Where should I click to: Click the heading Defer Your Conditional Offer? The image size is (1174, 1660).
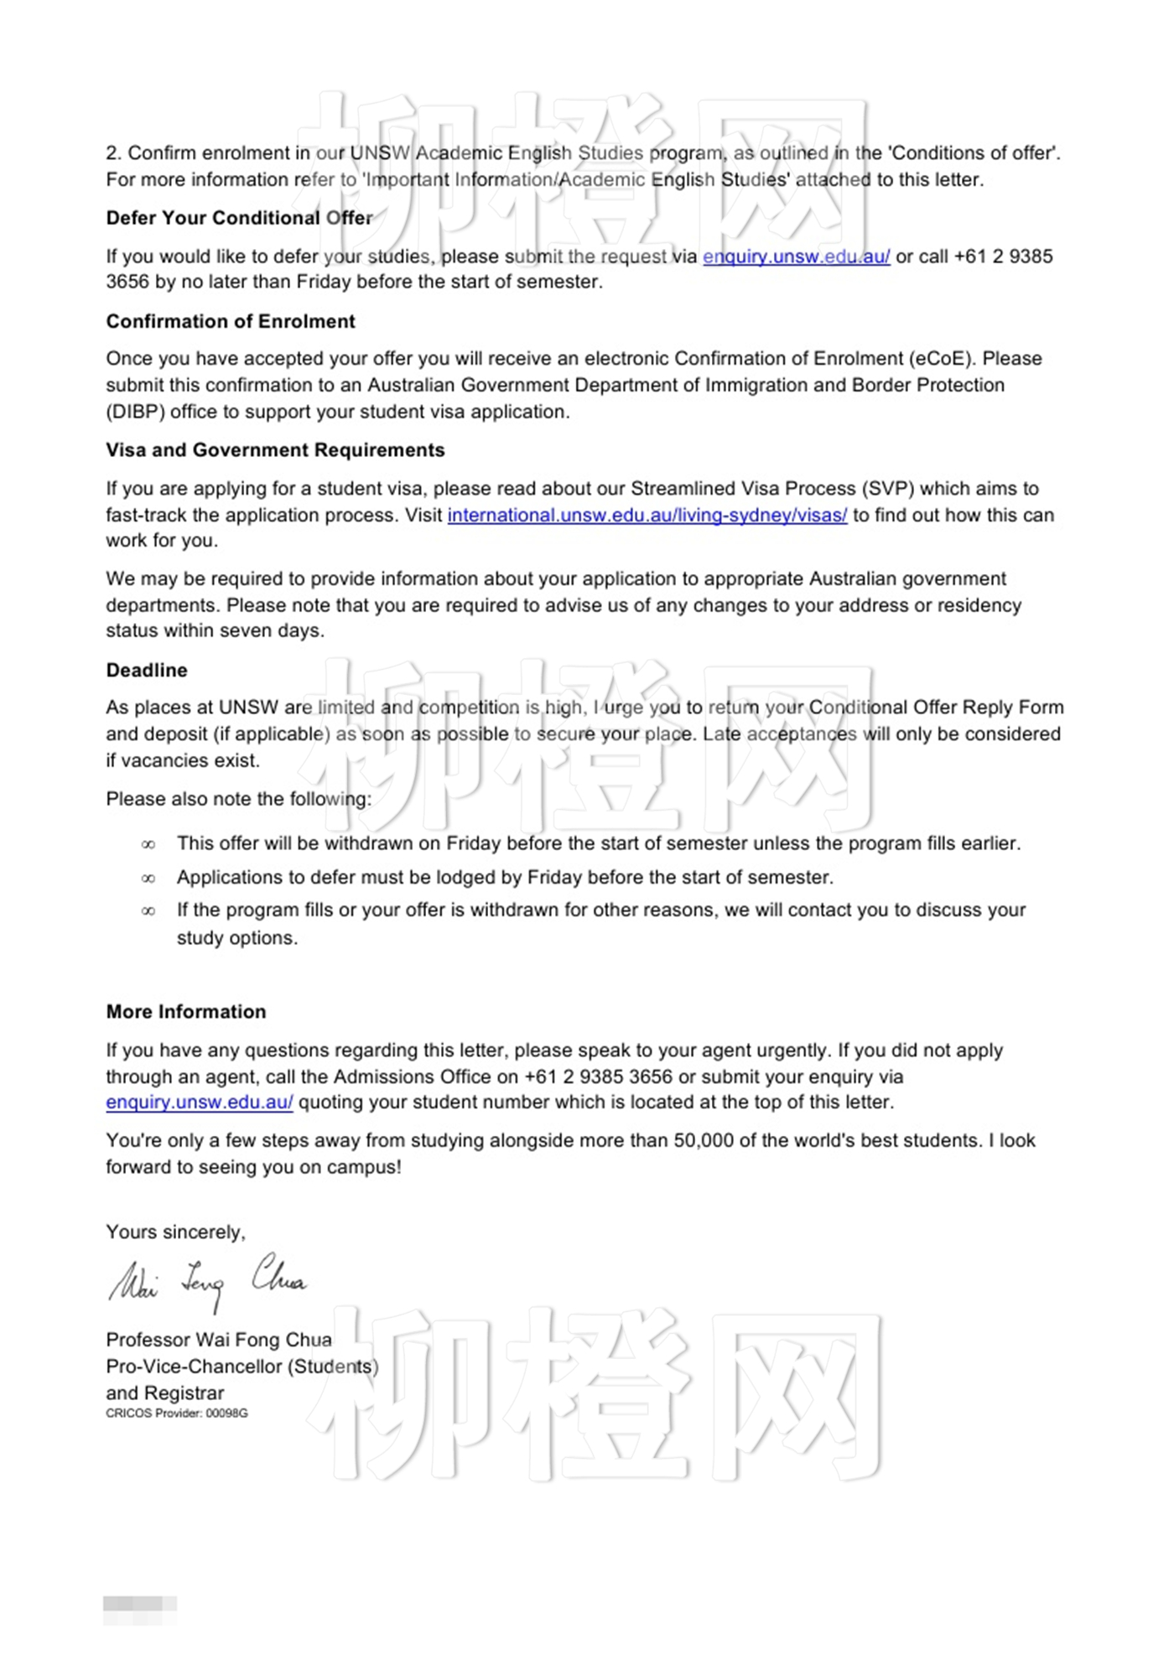pyautogui.click(x=239, y=218)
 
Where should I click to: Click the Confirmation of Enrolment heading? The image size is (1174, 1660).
pyautogui.click(x=231, y=321)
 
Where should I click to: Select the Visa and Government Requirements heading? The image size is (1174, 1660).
pyautogui.click(x=275, y=450)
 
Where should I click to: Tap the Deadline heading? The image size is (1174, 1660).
pyautogui.click(x=147, y=670)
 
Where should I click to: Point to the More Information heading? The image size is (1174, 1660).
pyautogui.click(x=186, y=1012)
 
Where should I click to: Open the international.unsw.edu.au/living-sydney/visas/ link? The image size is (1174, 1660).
pyautogui.click(x=647, y=515)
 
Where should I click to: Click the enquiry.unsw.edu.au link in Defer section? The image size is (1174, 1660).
pyautogui.click(x=796, y=257)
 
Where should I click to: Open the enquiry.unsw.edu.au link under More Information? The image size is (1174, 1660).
pyautogui.click(x=200, y=1102)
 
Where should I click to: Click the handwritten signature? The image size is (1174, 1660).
pyautogui.click(x=207, y=1280)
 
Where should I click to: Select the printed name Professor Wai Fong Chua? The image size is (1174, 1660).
pyautogui.click(x=219, y=1340)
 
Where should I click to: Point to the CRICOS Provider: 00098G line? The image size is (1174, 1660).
pyautogui.click(x=177, y=1414)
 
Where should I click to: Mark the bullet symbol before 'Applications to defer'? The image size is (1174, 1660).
pyautogui.click(x=148, y=879)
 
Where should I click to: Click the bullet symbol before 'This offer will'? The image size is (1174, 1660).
pyautogui.click(x=148, y=844)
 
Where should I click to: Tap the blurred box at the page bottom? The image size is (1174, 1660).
pyautogui.click(x=139, y=1604)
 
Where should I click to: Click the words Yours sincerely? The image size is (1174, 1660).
pyautogui.click(x=175, y=1232)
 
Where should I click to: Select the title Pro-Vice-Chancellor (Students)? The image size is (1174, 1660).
pyautogui.click(x=242, y=1367)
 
